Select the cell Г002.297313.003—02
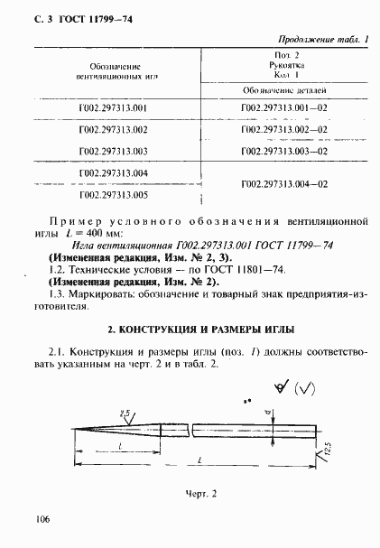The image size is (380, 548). point(283,152)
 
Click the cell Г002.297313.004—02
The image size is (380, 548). point(283,183)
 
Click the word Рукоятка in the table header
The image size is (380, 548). point(285,66)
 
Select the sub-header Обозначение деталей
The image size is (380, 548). point(284,91)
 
